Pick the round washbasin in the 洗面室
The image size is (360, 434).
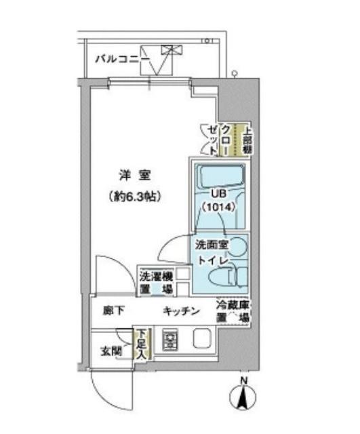241,248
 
